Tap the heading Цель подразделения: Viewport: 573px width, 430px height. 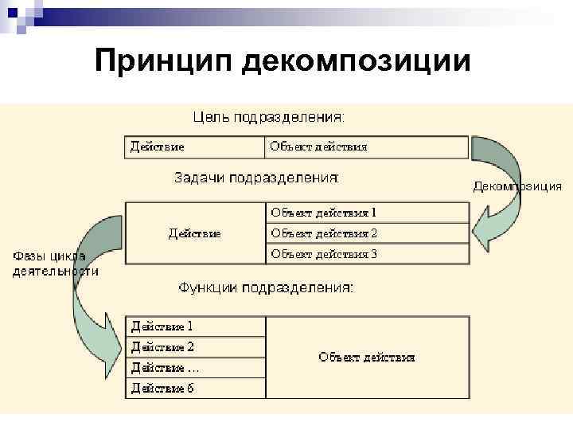coord(270,117)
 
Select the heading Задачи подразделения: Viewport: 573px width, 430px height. coord(257,178)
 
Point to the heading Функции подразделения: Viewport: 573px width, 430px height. coord(266,287)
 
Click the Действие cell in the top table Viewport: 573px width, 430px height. coord(194,147)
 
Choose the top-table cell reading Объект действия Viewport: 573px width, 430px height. coord(366,147)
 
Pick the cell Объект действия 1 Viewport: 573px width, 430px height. coord(366,213)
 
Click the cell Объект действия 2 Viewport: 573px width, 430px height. coord(366,233)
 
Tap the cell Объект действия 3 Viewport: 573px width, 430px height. coord(366,254)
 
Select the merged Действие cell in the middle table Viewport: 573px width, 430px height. coord(194,233)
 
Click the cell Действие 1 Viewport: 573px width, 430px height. coord(196,326)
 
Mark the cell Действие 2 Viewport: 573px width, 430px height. coord(196,347)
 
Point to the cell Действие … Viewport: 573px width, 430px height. coord(196,368)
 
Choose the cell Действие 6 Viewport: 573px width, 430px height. coord(196,389)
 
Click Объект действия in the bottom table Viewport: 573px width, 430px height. coord(367,358)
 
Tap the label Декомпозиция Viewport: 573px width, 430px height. coord(517,187)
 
